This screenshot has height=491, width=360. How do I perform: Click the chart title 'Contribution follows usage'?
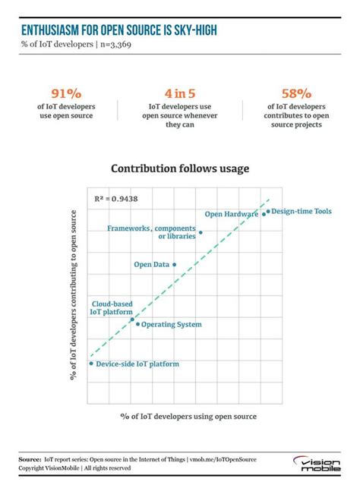point(180,168)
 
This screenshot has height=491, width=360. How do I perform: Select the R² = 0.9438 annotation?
point(116,199)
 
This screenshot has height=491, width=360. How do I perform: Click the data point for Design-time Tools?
point(268,212)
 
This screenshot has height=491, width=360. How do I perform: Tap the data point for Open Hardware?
point(264,214)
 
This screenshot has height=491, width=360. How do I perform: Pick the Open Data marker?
point(175,264)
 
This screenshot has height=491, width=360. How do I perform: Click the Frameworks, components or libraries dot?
point(201,232)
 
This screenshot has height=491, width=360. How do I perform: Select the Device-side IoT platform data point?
point(91,364)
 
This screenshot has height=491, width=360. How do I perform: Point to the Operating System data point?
point(137,324)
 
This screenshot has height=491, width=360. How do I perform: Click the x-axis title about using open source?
point(188,417)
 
